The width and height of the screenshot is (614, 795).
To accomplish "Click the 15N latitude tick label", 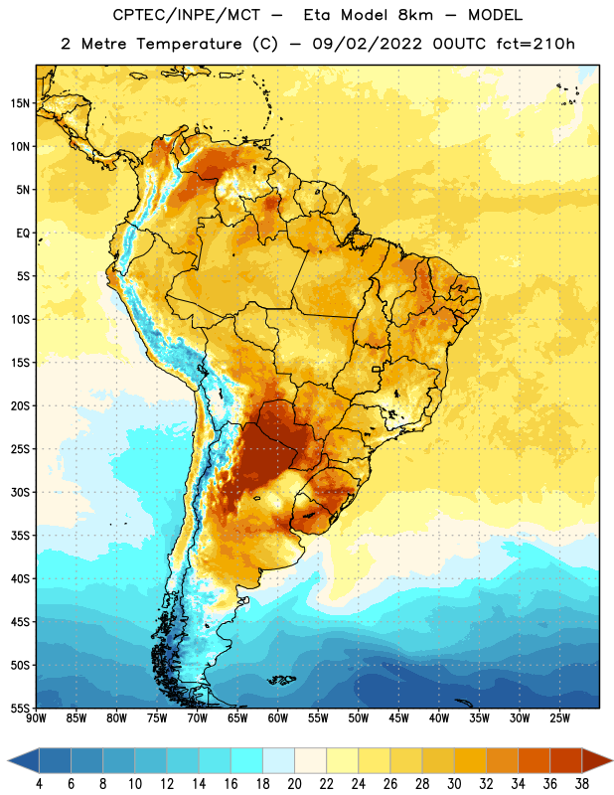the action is [20, 103].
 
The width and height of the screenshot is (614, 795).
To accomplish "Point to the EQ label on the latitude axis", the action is [23, 234].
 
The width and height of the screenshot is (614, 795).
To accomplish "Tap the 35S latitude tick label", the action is [20, 536].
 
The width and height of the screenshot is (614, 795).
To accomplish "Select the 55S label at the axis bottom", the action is [20, 708].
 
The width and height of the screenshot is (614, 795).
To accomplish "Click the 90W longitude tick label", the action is [36, 718].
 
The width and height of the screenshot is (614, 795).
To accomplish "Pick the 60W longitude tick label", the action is [278, 718].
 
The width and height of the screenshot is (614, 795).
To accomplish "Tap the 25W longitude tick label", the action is [559, 718].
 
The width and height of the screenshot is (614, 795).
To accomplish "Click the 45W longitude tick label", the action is [399, 718].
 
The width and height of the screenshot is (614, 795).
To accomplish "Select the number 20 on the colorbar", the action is [294, 784].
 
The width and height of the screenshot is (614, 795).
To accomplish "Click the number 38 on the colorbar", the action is [581, 784].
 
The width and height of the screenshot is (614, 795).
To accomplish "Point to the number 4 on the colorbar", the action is [39, 784].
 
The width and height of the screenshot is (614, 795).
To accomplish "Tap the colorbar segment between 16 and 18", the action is [247, 760].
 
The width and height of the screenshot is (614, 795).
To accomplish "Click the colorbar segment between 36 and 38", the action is [566, 760].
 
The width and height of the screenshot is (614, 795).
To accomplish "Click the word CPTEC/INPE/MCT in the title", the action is [187, 15].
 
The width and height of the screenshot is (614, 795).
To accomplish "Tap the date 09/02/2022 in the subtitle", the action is [367, 44].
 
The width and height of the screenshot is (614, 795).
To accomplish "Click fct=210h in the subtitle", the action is [536, 44].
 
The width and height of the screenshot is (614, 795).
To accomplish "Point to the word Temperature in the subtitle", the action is [189, 45].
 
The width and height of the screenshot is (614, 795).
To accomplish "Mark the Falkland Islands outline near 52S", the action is [281, 680].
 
